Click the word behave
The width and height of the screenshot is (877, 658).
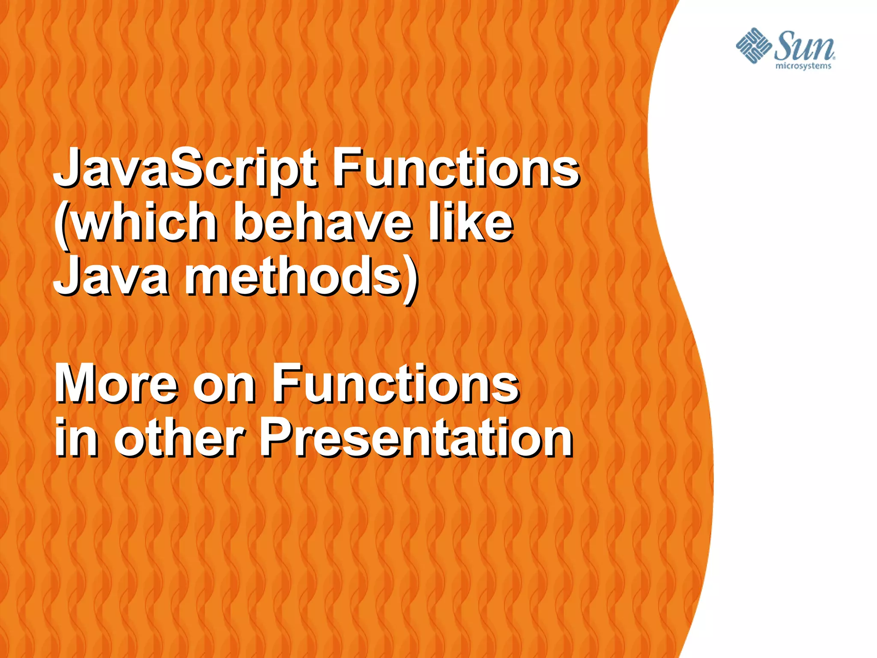click(323, 223)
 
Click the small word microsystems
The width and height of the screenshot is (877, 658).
click(803, 66)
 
